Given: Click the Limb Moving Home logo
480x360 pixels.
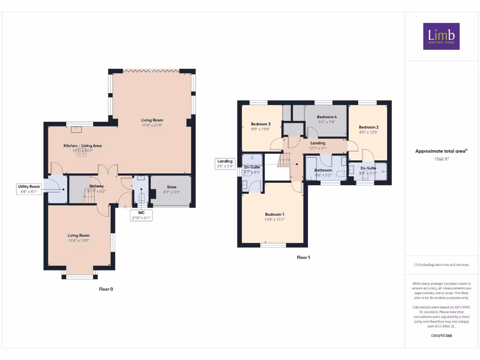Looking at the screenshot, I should point(441,36).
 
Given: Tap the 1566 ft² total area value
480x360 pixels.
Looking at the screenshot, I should point(441,159).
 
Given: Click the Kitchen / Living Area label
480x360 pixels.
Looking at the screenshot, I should point(82,146).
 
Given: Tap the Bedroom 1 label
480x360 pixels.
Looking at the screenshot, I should point(274,214).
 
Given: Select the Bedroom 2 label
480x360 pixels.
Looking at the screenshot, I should point(368,127).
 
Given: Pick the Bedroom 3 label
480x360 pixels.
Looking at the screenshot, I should point(261,124).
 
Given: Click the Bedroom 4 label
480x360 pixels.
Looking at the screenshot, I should point(327,117).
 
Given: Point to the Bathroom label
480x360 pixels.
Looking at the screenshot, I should point(323,170).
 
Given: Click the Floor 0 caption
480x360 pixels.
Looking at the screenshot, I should point(106,289).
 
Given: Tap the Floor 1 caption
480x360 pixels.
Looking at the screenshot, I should point(303,257).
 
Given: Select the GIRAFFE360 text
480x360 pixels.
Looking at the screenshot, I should point(441,336).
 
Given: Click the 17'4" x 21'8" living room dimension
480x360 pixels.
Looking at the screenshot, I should point(152,125).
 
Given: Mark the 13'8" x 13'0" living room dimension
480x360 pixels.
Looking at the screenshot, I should point(78,240).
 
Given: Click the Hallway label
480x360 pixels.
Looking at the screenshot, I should point(97,186).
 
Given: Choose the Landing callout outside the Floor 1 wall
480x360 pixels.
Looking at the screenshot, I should point(225,164).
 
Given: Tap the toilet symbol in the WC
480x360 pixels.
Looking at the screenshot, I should point(142,196).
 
